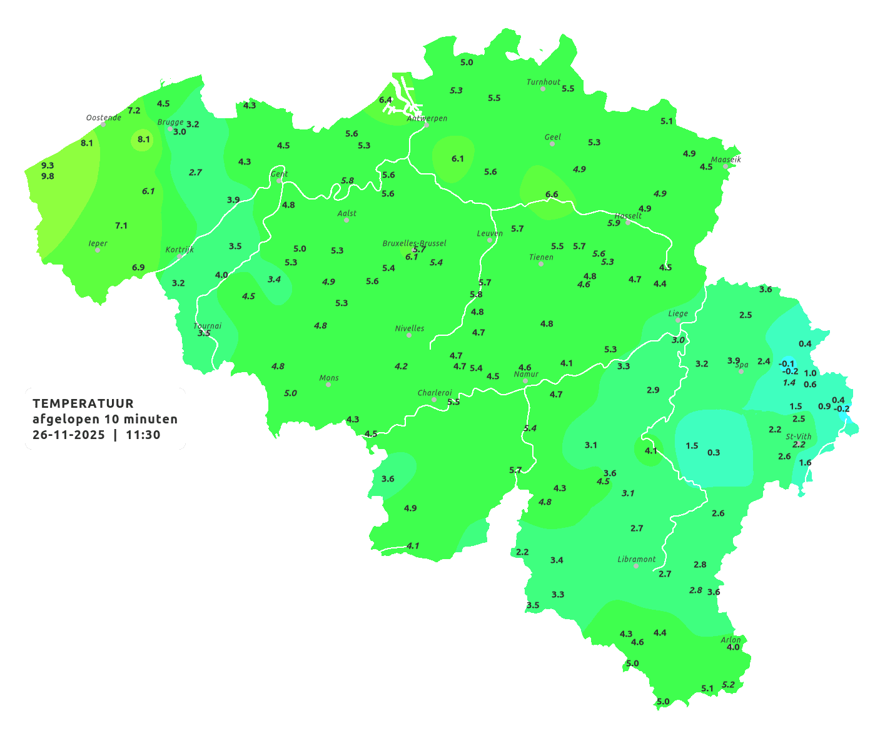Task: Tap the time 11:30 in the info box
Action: click(143, 435)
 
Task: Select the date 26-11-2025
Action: click(69, 435)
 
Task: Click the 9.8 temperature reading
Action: click(48, 176)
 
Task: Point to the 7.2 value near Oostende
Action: click(134, 111)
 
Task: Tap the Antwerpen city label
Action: click(427, 118)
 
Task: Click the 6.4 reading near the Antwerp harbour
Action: click(385, 100)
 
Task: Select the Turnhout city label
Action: click(544, 82)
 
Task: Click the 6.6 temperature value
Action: click(552, 195)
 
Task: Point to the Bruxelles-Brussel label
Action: click(415, 243)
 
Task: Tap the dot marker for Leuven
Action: click(490, 240)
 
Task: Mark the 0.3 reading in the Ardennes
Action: click(714, 453)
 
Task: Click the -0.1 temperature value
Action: click(786, 364)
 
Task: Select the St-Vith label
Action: click(799, 437)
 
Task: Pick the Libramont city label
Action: click(637, 559)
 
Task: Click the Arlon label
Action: click(731, 640)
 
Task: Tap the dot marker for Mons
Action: click(328, 385)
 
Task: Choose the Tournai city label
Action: click(207, 326)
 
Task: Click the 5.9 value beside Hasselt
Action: click(614, 223)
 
